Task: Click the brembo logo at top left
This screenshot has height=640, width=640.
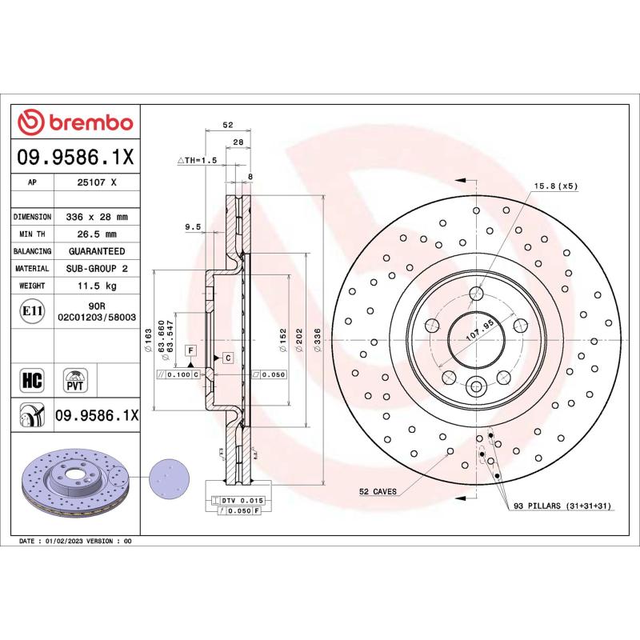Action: tap(75, 122)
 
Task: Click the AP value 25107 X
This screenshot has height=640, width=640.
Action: tap(97, 182)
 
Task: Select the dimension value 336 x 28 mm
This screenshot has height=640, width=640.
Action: tap(97, 217)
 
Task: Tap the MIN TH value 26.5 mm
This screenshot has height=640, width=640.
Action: tap(97, 234)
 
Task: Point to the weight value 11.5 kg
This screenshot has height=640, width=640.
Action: tap(97, 286)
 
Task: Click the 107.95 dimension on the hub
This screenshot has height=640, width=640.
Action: tap(477, 327)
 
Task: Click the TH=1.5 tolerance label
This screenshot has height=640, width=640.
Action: tap(197, 160)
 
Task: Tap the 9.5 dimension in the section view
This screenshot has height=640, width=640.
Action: tap(192, 226)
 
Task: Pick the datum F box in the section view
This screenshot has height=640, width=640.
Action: tap(191, 350)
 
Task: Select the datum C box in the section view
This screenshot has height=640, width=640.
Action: tap(227, 357)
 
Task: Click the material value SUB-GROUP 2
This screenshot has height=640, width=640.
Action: tap(97, 269)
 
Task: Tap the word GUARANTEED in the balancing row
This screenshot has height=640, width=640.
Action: tap(97, 251)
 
